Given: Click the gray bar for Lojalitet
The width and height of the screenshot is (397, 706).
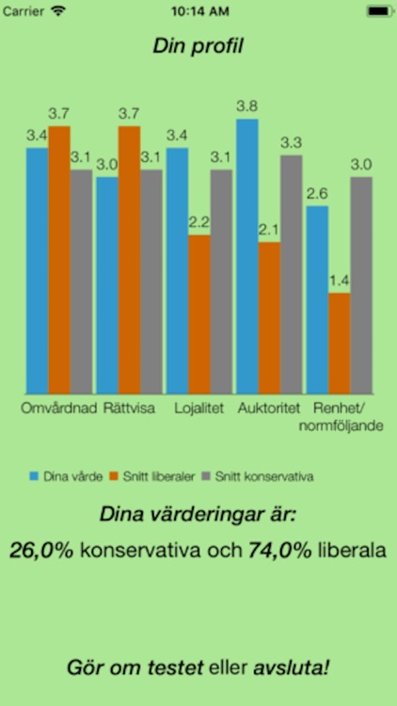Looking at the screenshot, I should [x=221, y=281].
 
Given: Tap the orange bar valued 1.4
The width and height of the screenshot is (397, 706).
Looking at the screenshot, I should [x=340, y=343].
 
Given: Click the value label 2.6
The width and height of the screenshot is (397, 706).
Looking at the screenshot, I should [x=317, y=193].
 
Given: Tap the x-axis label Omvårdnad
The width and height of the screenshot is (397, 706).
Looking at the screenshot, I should [x=59, y=409].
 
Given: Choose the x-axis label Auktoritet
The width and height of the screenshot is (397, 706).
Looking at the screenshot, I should [x=269, y=409].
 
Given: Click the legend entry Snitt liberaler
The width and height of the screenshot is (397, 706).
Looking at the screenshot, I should [x=150, y=476].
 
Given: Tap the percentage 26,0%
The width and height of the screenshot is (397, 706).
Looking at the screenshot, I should [x=41, y=551].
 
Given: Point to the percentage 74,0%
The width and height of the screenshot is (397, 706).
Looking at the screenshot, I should [x=279, y=551].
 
